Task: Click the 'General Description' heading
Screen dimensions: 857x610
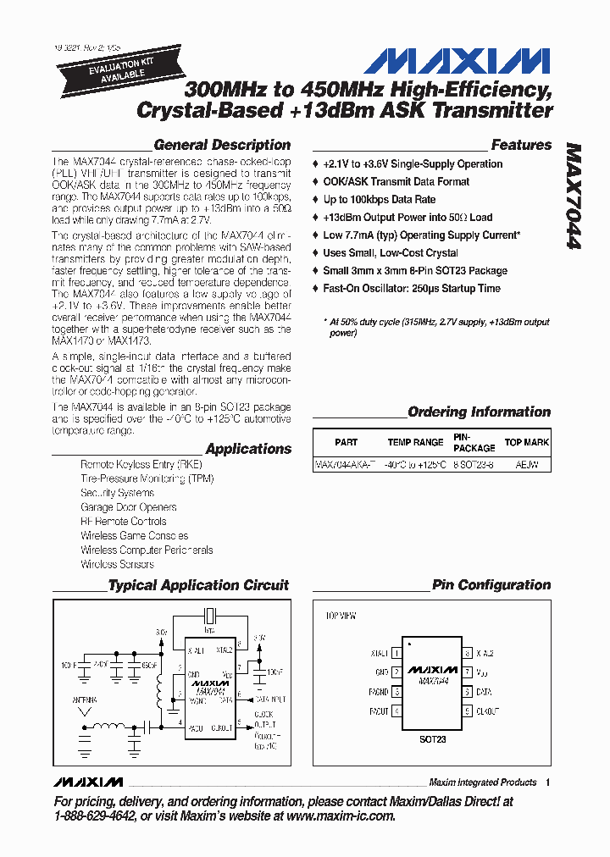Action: tap(222, 145)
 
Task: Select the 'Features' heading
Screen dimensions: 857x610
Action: tap(521, 145)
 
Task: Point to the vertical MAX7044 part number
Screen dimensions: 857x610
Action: tap(573, 195)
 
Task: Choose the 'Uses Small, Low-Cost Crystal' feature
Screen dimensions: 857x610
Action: tap(390, 253)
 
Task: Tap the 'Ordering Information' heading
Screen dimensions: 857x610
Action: tap(479, 412)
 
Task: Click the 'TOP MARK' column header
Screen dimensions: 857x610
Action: tap(526, 442)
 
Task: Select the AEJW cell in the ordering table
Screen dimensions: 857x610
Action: tap(526, 465)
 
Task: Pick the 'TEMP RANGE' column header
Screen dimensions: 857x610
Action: tap(415, 442)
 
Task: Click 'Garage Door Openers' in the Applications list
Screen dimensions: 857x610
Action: tap(128, 507)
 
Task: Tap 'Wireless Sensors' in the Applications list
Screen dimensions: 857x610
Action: tap(117, 564)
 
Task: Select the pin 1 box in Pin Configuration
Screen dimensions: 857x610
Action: tap(396, 654)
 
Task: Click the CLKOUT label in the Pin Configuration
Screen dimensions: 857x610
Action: tap(487, 711)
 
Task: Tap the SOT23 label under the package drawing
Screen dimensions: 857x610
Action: tap(432, 739)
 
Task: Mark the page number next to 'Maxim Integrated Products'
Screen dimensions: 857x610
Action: tap(548, 782)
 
